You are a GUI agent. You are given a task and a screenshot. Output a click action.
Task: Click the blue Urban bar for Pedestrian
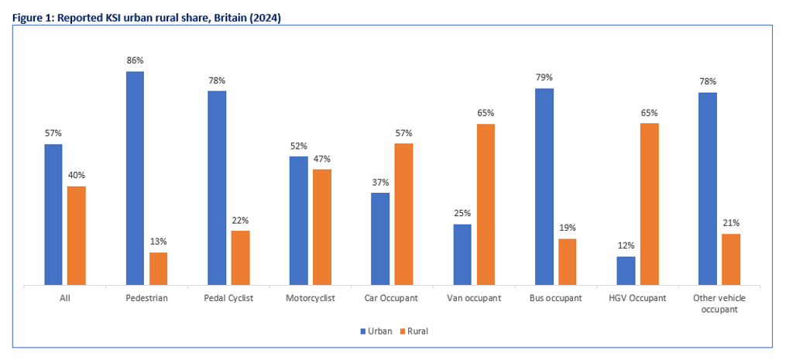pos(135,178)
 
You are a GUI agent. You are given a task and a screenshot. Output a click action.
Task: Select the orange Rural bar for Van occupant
pos(486,204)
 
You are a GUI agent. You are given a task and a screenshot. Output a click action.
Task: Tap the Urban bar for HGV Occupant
pos(626,271)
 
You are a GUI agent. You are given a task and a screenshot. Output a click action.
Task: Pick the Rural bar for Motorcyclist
pos(322,227)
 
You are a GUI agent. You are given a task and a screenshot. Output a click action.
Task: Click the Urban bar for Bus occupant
pos(544,187)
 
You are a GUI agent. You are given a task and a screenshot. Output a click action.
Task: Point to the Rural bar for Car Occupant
pos(403,214)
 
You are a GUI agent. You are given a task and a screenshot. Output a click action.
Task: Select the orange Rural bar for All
pos(76,235)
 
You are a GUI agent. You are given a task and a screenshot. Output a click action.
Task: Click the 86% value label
pos(135,60)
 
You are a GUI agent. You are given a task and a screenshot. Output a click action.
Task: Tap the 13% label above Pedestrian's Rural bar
pos(158,242)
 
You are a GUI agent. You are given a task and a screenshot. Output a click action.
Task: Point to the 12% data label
pos(626,245)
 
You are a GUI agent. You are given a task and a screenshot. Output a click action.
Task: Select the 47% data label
pos(322,158)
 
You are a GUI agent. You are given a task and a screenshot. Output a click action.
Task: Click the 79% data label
pos(544,77)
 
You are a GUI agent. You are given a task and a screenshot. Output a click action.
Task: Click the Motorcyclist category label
pos(310,298)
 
